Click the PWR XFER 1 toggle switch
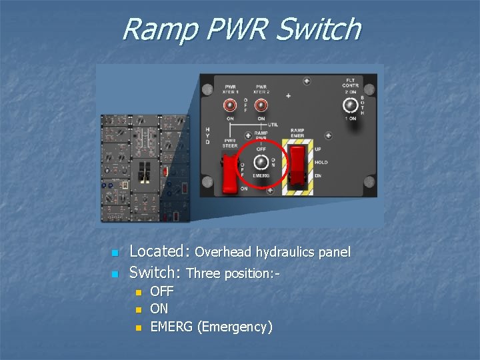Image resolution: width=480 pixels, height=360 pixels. tap(230, 105)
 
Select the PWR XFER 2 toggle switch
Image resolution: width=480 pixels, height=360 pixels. tap(261, 105)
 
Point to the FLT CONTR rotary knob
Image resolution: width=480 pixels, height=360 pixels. tap(349, 104)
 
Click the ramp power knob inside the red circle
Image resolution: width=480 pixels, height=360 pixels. tap(261, 161)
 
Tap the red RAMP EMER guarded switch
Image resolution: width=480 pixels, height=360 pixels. tap(297, 164)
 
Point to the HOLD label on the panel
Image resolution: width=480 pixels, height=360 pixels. tap(321, 162)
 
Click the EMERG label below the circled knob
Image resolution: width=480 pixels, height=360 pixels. tap(261, 176)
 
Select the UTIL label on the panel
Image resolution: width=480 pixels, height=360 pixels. tap(273, 125)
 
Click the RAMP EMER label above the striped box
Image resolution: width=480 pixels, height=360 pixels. tap(297, 133)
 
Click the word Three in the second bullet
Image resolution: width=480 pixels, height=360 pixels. tap(203, 273)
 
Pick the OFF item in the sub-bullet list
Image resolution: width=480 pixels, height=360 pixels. tap(161, 291)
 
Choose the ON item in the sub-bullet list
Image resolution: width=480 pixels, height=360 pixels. tap(159, 309)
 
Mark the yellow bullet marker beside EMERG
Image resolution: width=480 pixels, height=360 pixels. tap(138, 327)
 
